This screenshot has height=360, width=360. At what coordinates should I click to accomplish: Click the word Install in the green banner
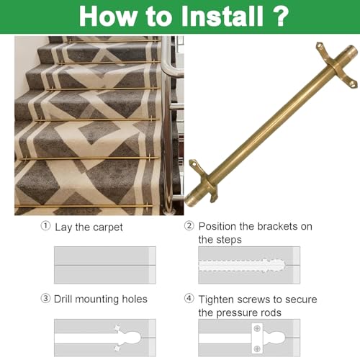pyautogui.click(x=222, y=16)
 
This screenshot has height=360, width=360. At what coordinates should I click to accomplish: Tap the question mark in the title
pyautogui.click(x=279, y=16)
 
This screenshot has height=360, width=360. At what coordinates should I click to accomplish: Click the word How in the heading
pyautogui.click(x=107, y=16)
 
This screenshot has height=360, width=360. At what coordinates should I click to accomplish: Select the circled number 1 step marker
pyautogui.click(x=45, y=226)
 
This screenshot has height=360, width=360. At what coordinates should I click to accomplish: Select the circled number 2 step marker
pyautogui.click(x=189, y=226)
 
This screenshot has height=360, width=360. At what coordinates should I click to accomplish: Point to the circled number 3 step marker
pyautogui.click(x=45, y=299)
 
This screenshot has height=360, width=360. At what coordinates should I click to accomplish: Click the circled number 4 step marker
pyautogui.click(x=189, y=299)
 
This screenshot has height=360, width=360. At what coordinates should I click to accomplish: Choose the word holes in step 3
pyautogui.click(x=135, y=299)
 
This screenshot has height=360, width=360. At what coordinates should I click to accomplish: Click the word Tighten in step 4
pyautogui.click(x=218, y=300)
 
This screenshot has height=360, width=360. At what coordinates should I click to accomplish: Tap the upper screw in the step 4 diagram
pyautogui.click(x=257, y=328)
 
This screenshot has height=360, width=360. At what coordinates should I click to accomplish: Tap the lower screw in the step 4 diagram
pyautogui.click(x=257, y=348)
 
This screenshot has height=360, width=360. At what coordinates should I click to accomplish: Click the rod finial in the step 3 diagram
pyautogui.click(x=131, y=338)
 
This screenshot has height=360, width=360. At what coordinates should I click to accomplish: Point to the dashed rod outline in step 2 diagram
pyautogui.click(x=242, y=266)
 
